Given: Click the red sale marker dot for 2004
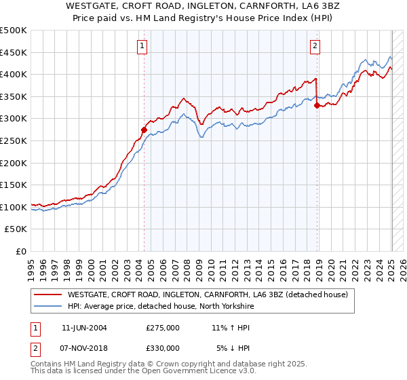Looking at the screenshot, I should click(x=144, y=130).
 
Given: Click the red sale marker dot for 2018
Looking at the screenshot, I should click(x=317, y=105).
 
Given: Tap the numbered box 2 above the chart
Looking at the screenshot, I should click(x=316, y=46).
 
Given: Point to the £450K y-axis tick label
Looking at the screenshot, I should click(x=14, y=52).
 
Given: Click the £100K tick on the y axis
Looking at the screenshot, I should click(x=14, y=207).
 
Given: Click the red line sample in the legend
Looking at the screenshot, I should click(x=48, y=294).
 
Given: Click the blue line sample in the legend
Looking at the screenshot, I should click(x=48, y=306).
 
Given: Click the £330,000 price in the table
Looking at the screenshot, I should click(x=163, y=347).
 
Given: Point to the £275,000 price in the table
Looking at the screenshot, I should click(x=163, y=328).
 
